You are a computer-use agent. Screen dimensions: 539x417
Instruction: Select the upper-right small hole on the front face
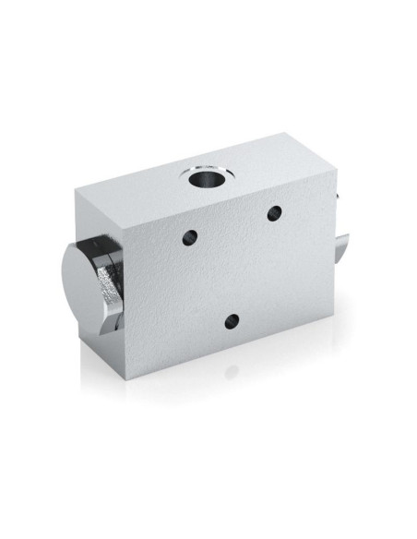tap(273, 213)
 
